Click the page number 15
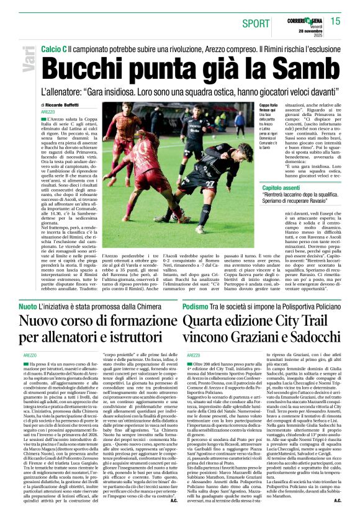tap(335, 22)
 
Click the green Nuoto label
tap(27, 307)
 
